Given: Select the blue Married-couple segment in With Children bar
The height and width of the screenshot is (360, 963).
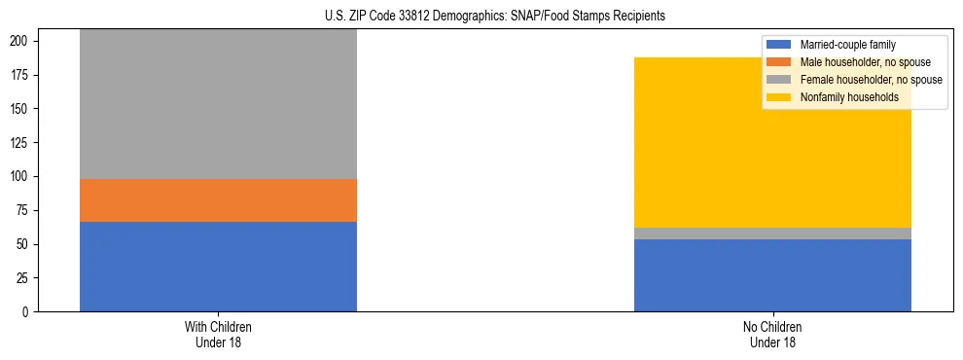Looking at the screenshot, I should (x=218, y=267).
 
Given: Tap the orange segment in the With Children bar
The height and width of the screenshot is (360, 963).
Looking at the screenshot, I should (x=218, y=200).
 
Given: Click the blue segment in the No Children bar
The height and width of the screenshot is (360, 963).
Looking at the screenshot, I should (x=772, y=275).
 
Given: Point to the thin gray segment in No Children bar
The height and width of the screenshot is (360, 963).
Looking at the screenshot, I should (x=772, y=234).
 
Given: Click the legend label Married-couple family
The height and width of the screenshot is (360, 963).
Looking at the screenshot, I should (x=847, y=45).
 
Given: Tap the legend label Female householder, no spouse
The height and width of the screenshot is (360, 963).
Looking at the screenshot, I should (x=870, y=80).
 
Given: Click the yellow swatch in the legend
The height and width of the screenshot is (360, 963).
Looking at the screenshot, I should (x=779, y=97).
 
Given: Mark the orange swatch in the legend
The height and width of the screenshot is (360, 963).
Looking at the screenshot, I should (x=779, y=62).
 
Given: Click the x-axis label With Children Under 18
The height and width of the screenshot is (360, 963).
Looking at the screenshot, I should (x=218, y=335).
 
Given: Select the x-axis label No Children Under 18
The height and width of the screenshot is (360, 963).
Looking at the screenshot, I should (x=772, y=335).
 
